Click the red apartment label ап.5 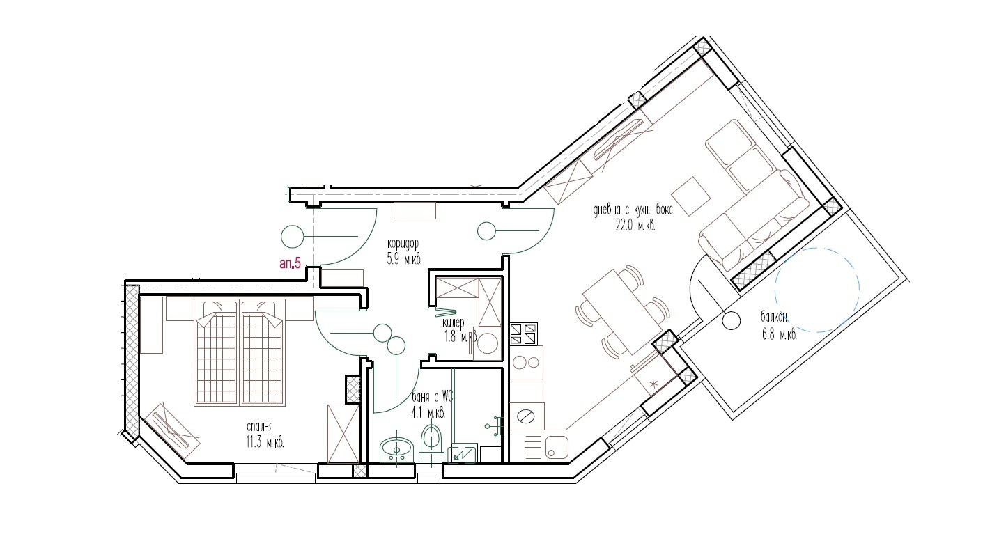pos(289,264)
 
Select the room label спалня pos(258,427)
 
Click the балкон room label pos(774,318)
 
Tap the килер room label pos(453,324)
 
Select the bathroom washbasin pos(398,449)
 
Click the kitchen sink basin pos(555,447)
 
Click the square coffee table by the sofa pos(690,195)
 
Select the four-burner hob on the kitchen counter pos(524,334)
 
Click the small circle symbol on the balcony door pos(732,320)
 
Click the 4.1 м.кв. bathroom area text pos(428,412)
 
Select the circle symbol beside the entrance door pos(292,237)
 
